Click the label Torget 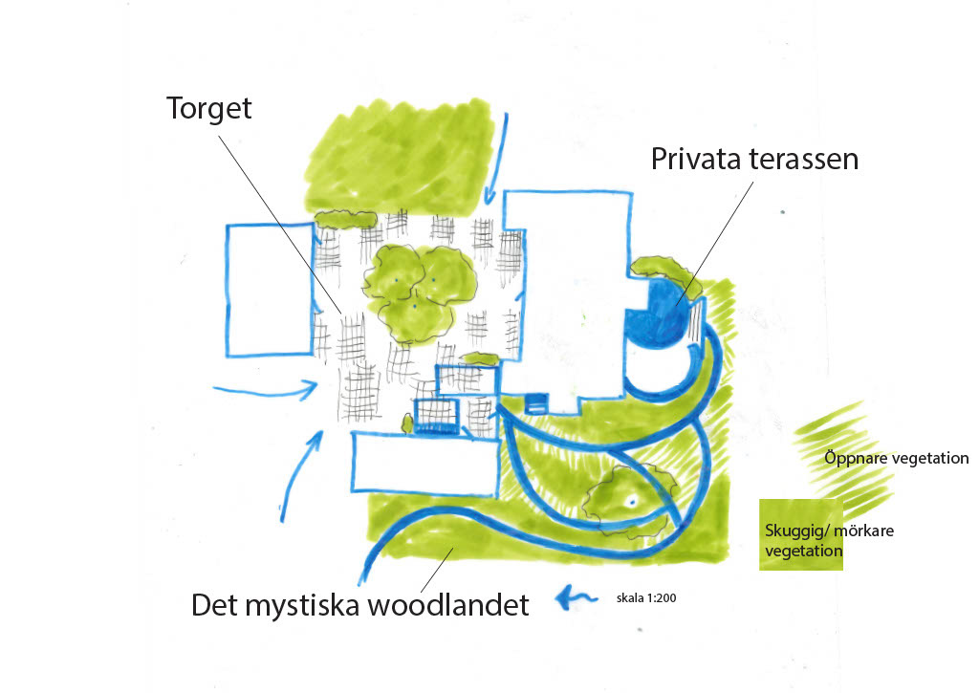[x=209, y=108]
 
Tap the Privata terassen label [x=754, y=158]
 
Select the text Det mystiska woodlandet [x=359, y=605]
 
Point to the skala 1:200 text [x=646, y=599]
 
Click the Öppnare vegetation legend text [x=897, y=459]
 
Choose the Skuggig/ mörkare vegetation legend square [x=801, y=535]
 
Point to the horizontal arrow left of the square [x=265, y=388]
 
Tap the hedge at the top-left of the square [x=344, y=219]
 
